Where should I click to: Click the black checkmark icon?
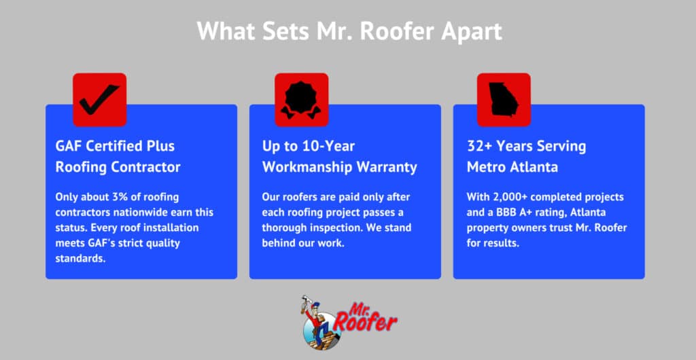pyautogui.click(x=99, y=100)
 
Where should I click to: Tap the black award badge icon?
pyautogui.click(x=301, y=100)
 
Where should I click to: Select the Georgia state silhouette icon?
pyautogui.click(x=503, y=100)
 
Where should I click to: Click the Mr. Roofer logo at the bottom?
pyautogui.click(x=348, y=321)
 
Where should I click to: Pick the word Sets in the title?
pyautogui.click(x=277, y=31)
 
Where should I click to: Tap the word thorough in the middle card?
pyautogui.click(x=284, y=228)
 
